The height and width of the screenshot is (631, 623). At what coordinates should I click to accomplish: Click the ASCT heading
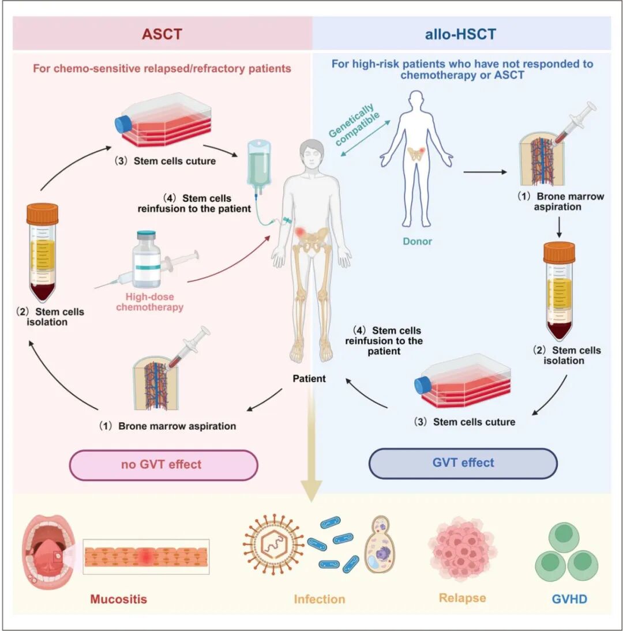[x=162, y=33]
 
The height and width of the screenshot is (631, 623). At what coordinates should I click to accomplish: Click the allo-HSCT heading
[x=461, y=33]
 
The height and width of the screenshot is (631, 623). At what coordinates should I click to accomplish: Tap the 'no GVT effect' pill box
[x=163, y=464]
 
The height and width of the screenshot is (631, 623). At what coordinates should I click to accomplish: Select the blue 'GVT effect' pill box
[x=463, y=463]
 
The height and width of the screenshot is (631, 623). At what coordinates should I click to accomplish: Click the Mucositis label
[x=118, y=599]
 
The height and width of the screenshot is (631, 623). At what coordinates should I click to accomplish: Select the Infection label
[x=319, y=599]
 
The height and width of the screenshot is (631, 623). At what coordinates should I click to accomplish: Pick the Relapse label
[x=462, y=598]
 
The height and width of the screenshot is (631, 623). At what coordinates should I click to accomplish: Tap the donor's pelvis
[x=415, y=154]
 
